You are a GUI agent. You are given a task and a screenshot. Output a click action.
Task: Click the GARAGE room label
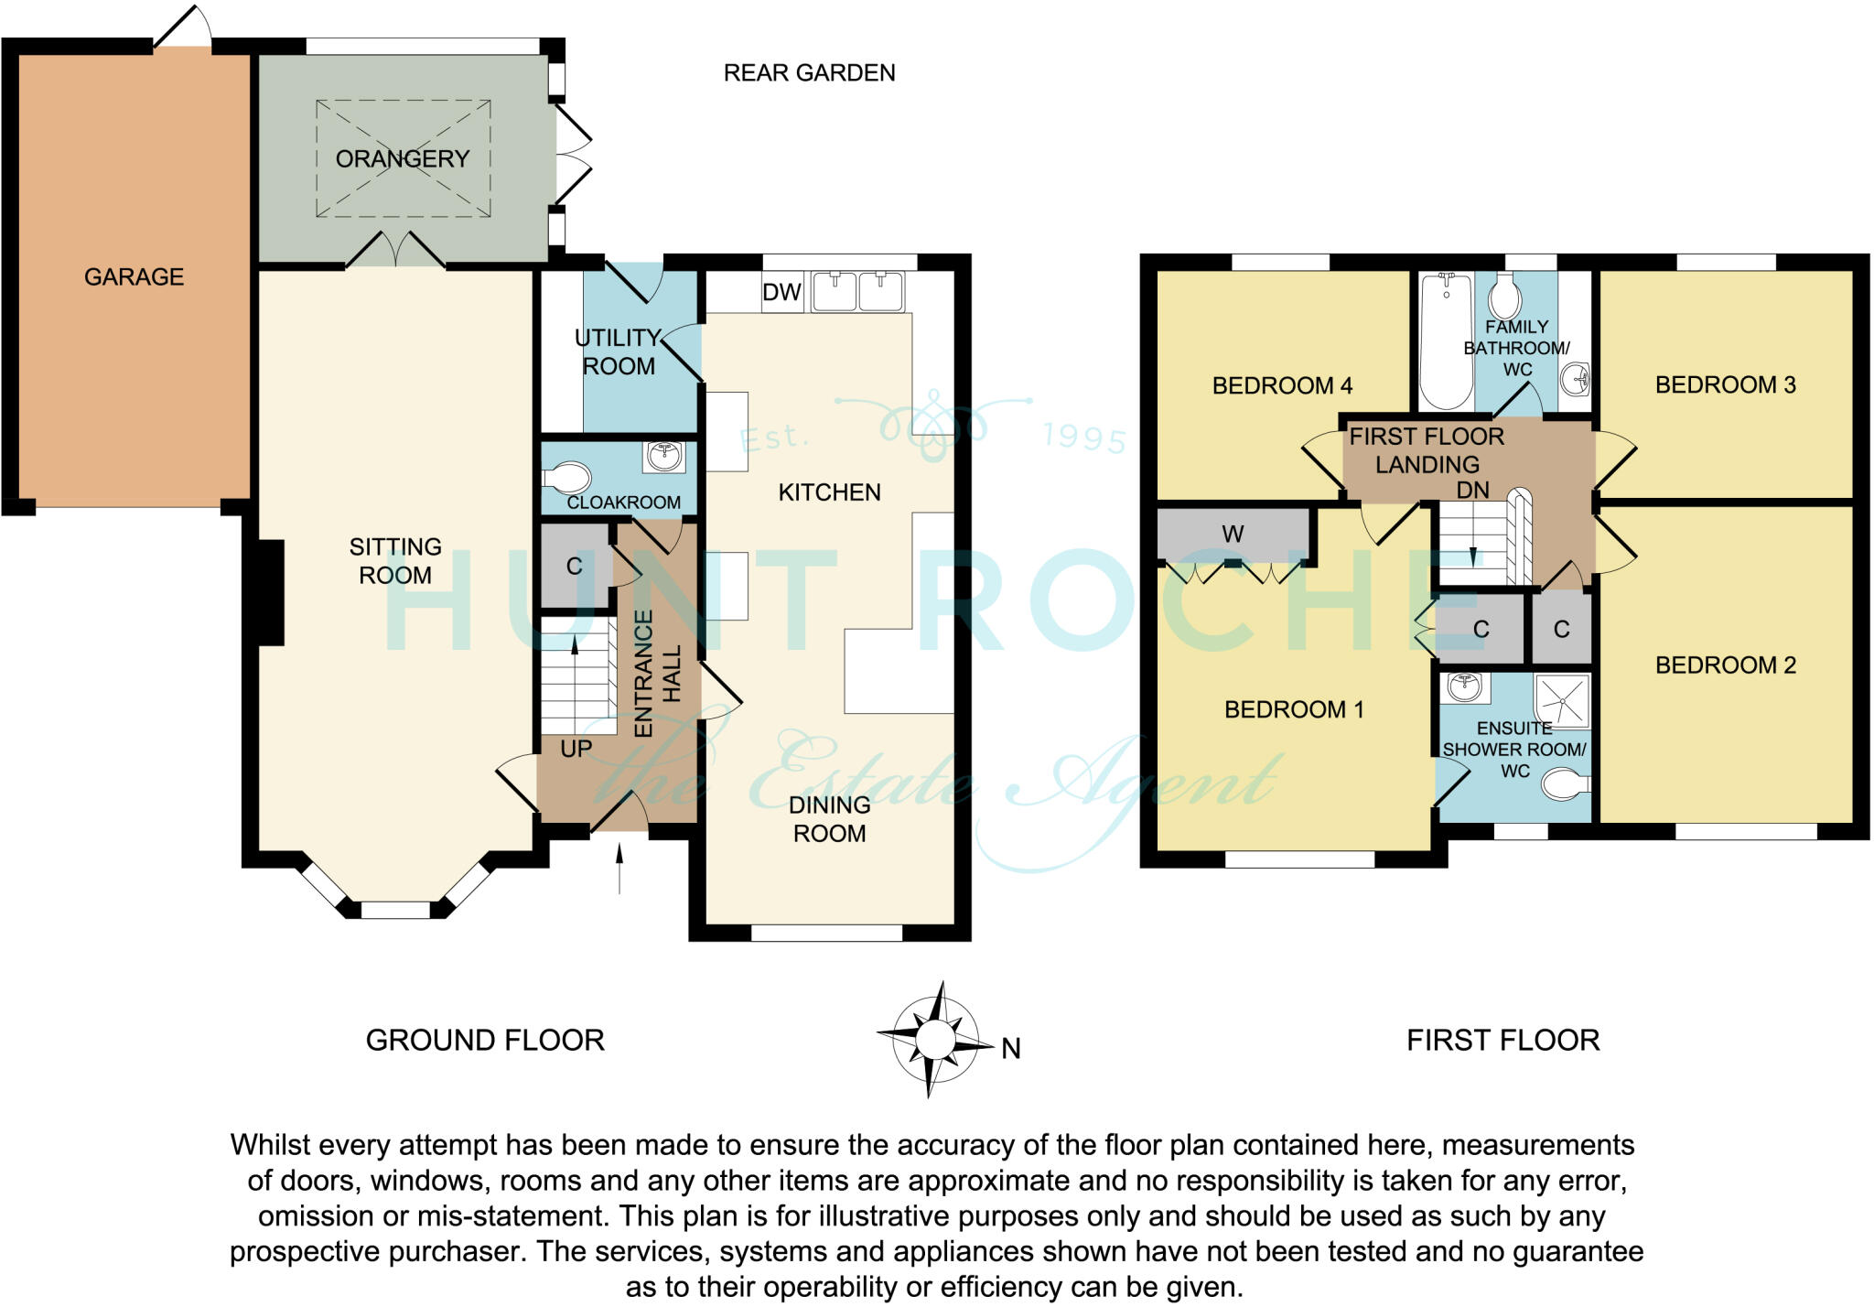[x=134, y=276]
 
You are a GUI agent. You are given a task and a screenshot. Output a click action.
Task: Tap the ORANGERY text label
[x=402, y=158]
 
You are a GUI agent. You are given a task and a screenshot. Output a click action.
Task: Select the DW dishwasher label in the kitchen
[x=781, y=292]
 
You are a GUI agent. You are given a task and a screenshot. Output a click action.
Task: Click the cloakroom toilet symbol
[x=567, y=478]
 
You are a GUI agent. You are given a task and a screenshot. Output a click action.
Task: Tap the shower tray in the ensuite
[x=1561, y=700]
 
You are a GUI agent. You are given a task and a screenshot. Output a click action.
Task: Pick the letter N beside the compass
[x=1010, y=1049]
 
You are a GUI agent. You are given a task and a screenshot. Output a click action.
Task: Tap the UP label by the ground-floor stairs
[x=576, y=749]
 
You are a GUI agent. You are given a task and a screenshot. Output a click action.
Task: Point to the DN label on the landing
[x=1472, y=491]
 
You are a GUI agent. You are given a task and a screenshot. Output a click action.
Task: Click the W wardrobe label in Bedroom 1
[x=1232, y=534]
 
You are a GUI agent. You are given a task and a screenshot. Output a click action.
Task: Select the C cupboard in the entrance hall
[x=575, y=567]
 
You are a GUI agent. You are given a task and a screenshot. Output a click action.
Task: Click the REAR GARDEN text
[x=809, y=73]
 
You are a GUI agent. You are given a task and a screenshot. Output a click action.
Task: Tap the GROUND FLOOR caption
[x=485, y=1040]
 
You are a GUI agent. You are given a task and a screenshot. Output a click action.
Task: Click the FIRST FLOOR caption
[x=1502, y=1040]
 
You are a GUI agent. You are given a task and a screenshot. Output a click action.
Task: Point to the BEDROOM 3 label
[x=1725, y=384]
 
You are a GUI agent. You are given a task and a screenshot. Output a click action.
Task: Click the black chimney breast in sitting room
[x=271, y=592]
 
